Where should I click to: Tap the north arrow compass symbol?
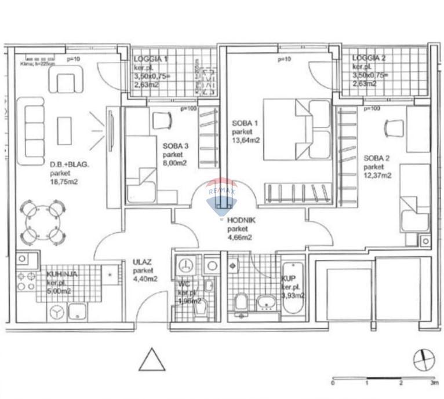point(424,360)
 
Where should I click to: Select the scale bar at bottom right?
point(383,379)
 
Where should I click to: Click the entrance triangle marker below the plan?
point(152,360)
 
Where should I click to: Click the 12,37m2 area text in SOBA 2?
point(378,175)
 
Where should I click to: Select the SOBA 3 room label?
point(175,146)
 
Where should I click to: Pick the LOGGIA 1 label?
point(151,59)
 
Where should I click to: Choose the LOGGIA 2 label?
point(369,58)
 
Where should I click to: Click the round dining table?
point(41,222)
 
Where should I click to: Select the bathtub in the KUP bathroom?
point(293,287)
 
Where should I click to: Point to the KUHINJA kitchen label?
point(59,274)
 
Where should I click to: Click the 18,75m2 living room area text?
point(64,181)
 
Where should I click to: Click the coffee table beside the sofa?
point(64,131)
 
